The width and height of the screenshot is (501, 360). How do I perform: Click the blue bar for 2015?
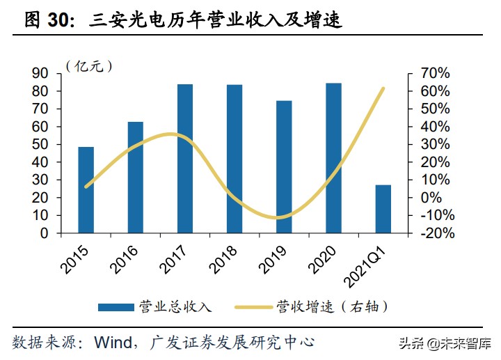coord(86,189)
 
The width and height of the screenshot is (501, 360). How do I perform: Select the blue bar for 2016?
coord(135,177)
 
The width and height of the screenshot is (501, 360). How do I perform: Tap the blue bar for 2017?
coord(184,158)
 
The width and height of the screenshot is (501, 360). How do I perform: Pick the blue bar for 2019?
coord(284,166)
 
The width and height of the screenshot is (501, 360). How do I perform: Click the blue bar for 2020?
coord(333,157)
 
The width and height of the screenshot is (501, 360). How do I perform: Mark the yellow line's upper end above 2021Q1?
coord(383,88)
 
